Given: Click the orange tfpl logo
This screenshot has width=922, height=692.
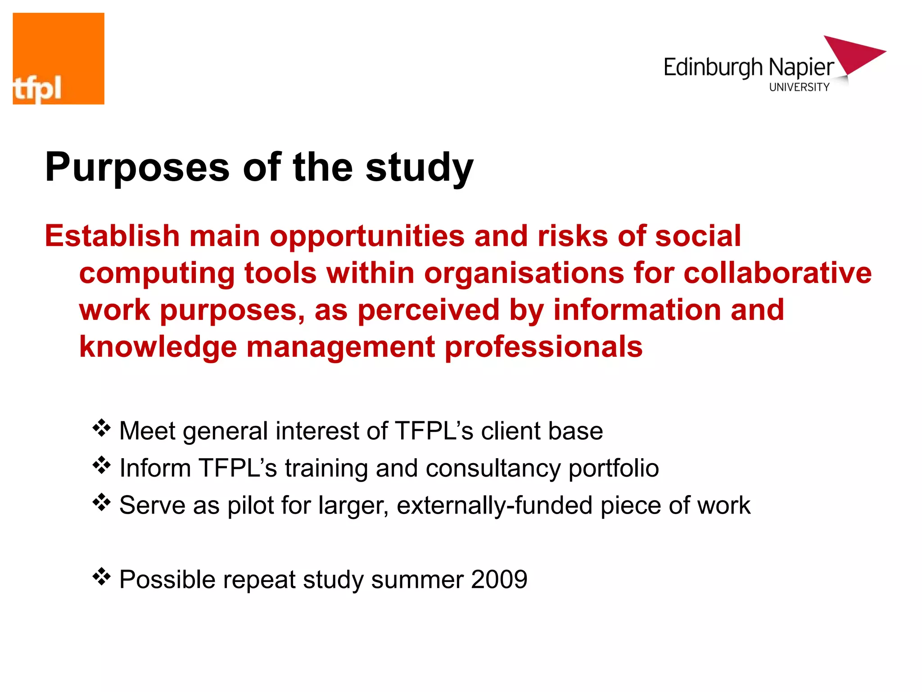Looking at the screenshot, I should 59,59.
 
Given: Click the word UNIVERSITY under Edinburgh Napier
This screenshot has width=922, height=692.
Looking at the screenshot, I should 799,87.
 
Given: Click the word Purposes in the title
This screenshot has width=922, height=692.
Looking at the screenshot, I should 137,168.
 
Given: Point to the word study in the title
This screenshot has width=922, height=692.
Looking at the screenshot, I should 420,168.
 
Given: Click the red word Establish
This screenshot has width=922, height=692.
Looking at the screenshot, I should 112,236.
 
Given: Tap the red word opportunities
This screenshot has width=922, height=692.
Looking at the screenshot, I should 367,237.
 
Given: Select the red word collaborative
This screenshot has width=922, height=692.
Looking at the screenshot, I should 777,273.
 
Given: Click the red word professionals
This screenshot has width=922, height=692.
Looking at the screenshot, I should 543,347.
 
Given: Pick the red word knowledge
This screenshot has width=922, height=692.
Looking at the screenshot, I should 158,347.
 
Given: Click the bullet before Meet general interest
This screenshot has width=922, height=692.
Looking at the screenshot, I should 101,428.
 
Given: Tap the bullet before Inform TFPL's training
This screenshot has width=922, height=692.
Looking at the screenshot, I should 101,465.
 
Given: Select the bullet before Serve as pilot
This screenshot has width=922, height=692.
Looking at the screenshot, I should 101,502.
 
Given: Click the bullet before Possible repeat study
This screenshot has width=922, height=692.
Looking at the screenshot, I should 101,577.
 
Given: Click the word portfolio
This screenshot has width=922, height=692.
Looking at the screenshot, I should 614,469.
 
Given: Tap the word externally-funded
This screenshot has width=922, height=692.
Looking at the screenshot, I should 494,505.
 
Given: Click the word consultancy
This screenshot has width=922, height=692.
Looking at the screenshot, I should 493,469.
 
